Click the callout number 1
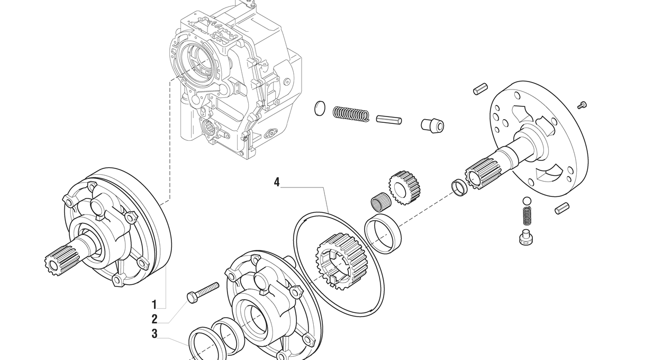[x=155, y=304]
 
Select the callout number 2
[x=155, y=319]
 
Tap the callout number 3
[x=155, y=334]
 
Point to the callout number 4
[x=277, y=182]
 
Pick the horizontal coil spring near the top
[x=350, y=113]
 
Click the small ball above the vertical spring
[x=526, y=201]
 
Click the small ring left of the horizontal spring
[x=319, y=108]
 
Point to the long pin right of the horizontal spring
[x=389, y=120]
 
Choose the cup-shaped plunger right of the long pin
[x=432, y=125]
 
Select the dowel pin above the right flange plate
[x=480, y=89]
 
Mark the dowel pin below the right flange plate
[x=561, y=209]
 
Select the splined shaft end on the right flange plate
[x=482, y=172]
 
